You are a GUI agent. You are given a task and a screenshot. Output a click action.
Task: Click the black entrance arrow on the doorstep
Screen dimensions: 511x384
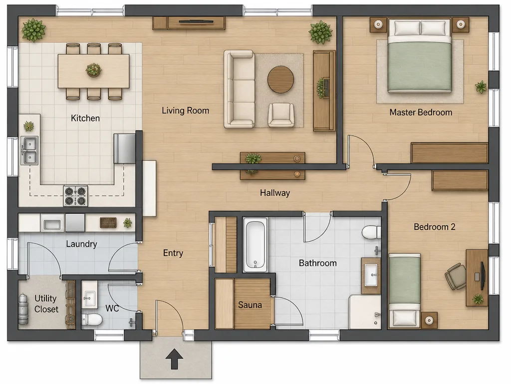pyautogui.click(x=174, y=359)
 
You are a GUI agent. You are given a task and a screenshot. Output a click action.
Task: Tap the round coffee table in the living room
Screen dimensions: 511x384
pyautogui.click(x=280, y=79)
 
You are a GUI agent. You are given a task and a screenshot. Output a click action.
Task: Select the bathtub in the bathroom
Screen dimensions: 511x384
pyautogui.click(x=255, y=245)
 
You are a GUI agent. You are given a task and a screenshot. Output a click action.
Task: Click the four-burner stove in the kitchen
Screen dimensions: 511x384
pyautogui.click(x=76, y=195)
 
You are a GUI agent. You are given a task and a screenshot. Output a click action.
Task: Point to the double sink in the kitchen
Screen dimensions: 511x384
pyautogui.click(x=29, y=150)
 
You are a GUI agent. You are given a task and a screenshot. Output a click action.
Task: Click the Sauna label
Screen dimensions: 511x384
pyautogui.click(x=250, y=305)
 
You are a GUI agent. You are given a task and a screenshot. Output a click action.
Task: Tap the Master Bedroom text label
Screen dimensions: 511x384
pyautogui.click(x=421, y=112)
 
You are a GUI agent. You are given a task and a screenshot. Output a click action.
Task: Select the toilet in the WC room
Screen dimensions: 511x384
pyautogui.click(x=92, y=319)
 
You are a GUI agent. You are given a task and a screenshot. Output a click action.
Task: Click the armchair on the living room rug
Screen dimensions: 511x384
pyautogui.click(x=280, y=115)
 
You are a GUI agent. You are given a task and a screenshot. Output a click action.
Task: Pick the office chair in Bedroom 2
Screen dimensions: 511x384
pyautogui.click(x=456, y=276)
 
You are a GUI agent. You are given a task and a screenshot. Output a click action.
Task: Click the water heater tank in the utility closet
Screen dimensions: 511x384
pyautogui.click(x=23, y=308)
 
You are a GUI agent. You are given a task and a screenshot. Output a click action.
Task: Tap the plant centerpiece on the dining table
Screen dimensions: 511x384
pyautogui.click(x=93, y=70)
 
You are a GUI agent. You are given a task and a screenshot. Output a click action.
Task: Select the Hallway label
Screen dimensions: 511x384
pyautogui.click(x=275, y=193)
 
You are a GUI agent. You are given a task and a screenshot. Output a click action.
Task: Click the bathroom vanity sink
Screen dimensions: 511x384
pyautogui.click(x=371, y=275)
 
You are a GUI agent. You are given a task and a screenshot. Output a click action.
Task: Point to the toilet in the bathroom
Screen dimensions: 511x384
pyautogui.click(x=371, y=232)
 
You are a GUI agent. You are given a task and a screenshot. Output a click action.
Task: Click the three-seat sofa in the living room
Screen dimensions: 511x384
pyautogui.click(x=239, y=89)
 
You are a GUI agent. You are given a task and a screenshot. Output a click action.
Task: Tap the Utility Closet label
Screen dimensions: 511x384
pyautogui.click(x=46, y=303)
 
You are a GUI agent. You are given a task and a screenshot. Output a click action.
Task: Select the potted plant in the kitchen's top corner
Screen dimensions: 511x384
pyautogui.click(x=33, y=30)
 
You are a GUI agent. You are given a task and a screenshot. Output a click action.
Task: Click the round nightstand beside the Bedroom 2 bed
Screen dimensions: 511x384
pyautogui.click(x=429, y=320)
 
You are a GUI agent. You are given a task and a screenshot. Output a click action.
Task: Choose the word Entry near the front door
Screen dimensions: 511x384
pyautogui.click(x=173, y=253)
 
